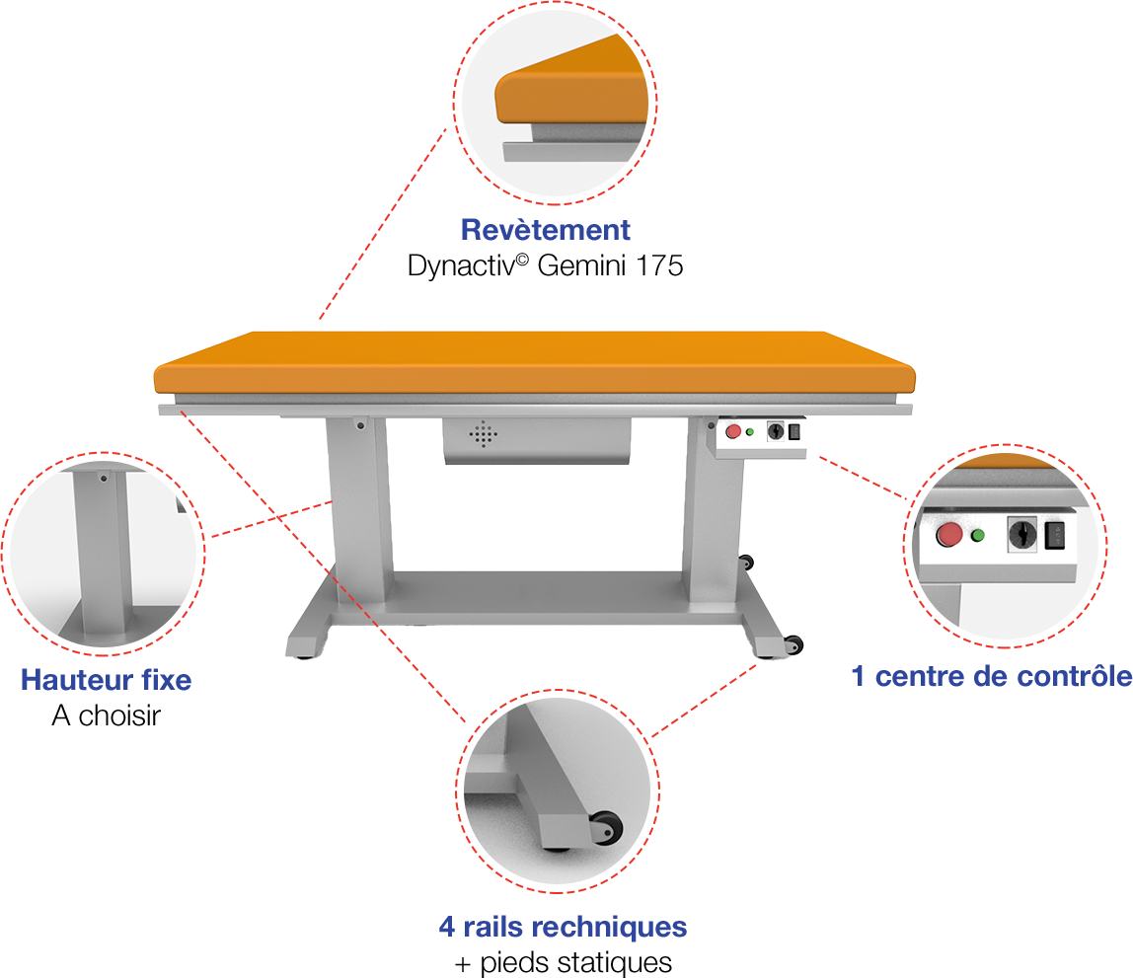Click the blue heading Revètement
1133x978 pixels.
(546, 230)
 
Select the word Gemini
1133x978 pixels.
(581, 265)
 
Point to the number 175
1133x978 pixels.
(659, 265)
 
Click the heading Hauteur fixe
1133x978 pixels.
(107, 680)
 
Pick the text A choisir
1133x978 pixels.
(107, 715)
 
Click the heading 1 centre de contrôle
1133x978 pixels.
(991, 676)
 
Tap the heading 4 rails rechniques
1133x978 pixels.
(563, 927)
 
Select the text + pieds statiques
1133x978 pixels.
(564, 963)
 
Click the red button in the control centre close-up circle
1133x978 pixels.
(948, 535)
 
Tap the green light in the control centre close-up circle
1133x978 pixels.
(978, 535)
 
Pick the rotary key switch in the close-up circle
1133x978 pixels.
(1022, 535)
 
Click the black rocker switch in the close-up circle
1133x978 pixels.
(1055, 536)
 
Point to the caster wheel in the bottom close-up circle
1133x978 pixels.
(606, 828)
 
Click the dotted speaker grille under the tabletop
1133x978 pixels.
(483, 434)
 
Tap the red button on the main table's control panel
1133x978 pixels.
(732, 432)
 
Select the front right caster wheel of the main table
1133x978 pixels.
(793, 645)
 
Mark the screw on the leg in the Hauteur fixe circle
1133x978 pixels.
(104, 479)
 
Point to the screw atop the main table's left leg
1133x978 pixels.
(360, 425)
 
